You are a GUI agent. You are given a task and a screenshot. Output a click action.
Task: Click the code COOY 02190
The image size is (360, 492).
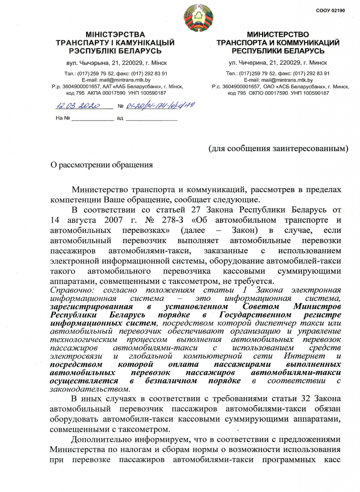coord(330,10)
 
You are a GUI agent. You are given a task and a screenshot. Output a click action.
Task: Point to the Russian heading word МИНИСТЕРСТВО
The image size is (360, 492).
coord(278,35)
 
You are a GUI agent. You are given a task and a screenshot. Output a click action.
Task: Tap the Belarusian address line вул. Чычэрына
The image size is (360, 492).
coord(115,62)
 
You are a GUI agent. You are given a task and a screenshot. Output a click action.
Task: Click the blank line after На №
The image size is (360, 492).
coord(92,118)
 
